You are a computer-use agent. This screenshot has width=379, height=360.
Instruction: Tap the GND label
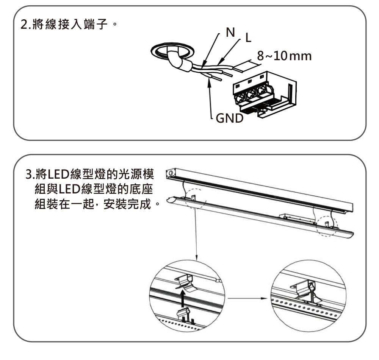(x=229, y=119)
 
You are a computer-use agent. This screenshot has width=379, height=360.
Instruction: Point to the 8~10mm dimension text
(x=284, y=56)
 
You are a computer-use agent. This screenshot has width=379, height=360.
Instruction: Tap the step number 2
(x=23, y=26)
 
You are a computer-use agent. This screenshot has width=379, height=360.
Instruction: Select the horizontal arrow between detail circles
(x=246, y=298)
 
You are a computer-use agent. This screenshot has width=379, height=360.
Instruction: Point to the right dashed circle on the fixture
(x=327, y=226)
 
